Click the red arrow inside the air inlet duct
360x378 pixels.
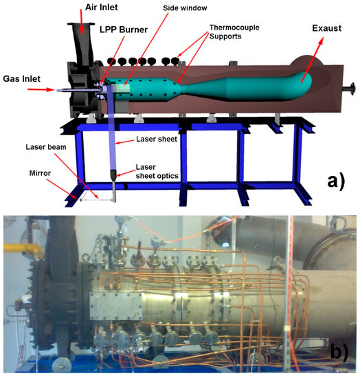coord(83,27)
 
